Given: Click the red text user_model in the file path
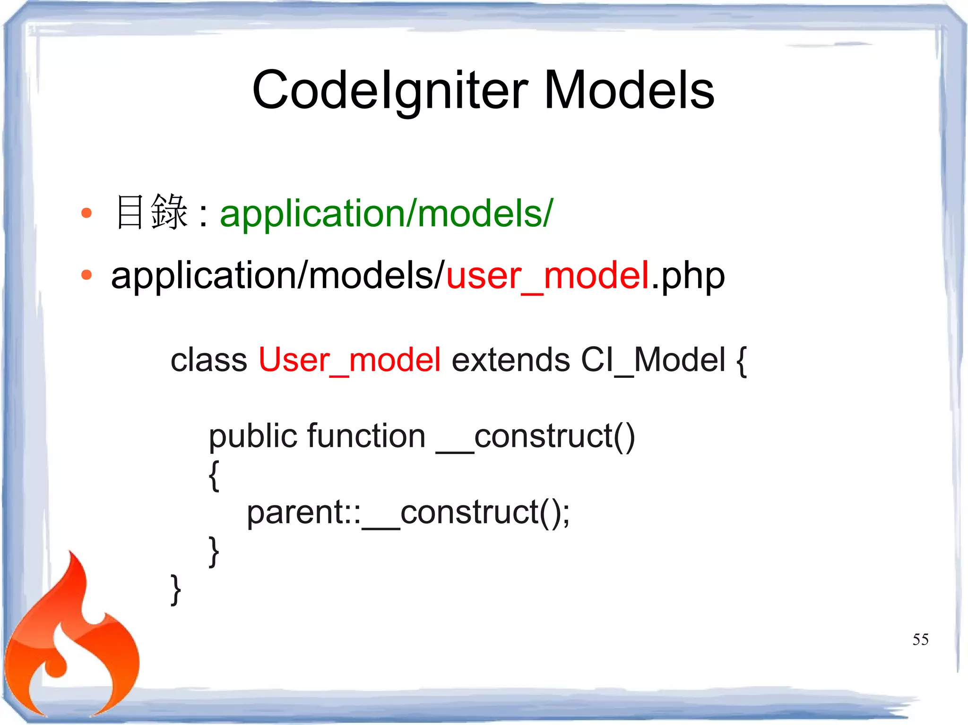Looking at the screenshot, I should [x=547, y=276].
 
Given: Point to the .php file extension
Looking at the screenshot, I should [x=688, y=277].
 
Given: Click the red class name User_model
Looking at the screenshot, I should [x=349, y=360].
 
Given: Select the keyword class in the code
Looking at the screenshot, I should [x=208, y=360].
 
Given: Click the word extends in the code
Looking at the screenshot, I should [x=510, y=360].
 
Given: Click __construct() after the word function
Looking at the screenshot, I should [x=536, y=436].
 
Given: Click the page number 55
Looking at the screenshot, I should [x=920, y=640].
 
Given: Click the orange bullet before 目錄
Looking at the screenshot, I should [x=86, y=213].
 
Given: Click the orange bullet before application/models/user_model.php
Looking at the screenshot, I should [x=86, y=275].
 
